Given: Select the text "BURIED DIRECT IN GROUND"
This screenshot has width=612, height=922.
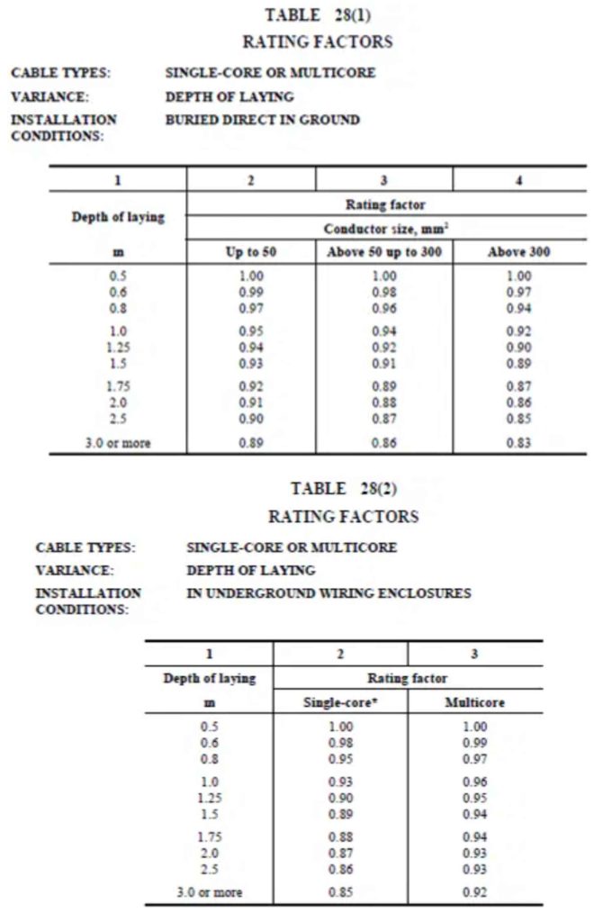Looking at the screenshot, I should pyautogui.click(x=262, y=120).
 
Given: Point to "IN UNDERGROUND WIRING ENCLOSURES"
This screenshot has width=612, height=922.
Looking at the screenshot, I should pyautogui.click(x=328, y=593).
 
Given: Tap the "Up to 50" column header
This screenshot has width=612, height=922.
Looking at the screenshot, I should pyautogui.click(x=250, y=252).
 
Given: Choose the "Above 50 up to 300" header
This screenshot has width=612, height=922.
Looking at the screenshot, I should pyautogui.click(x=384, y=252).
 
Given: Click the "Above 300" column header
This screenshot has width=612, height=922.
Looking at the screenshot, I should pyautogui.click(x=518, y=252).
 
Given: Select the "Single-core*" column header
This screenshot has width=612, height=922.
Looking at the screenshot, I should pyautogui.click(x=340, y=702).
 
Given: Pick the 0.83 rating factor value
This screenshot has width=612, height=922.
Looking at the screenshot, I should pyautogui.click(x=518, y=443).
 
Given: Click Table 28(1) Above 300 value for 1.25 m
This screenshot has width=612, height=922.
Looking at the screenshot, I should pyautogui.click(x=518, y=347).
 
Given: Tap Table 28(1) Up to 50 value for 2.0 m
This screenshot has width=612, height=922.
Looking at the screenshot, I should pyautogui.click(x=251, y=402).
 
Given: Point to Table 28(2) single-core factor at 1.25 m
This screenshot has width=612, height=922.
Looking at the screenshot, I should pyautogui.click(x=341, y=798).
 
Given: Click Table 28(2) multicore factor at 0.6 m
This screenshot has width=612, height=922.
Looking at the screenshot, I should pyautogui.click(x=475, y=743).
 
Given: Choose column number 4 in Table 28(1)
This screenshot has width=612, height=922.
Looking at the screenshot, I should pyautogui.click(x=518, y=180).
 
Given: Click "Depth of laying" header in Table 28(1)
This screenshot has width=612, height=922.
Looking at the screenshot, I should pyautogui.click(x=118, y=218).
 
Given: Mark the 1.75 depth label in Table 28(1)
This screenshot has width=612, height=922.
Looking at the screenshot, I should pyautogui.click(x=118, y=386).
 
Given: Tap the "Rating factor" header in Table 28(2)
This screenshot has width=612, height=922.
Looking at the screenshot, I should pyautogui.click(x=407, y=678).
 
